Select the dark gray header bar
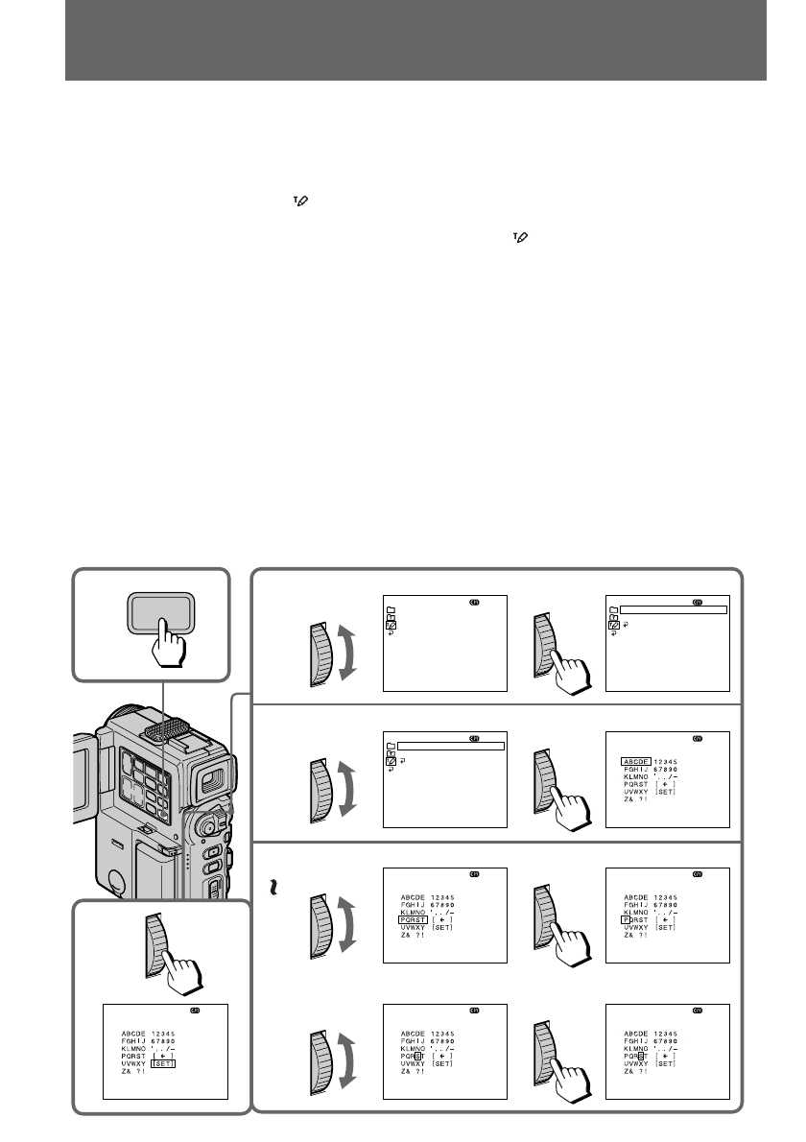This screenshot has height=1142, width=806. [415, 40]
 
